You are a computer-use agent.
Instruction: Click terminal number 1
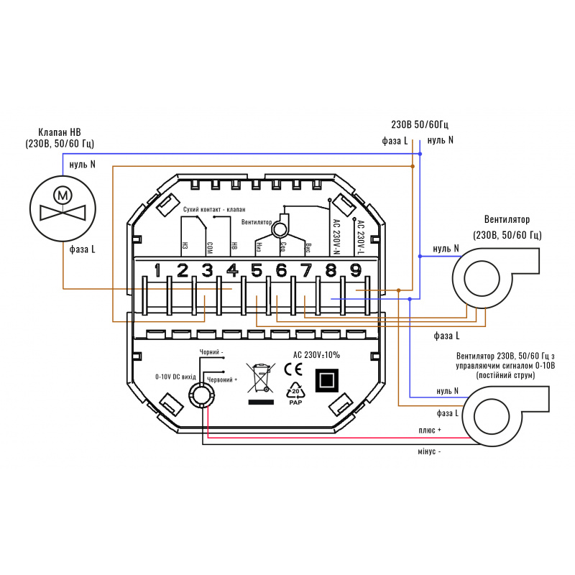[x=157, y=271]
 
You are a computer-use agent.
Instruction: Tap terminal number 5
[x=257, y=271]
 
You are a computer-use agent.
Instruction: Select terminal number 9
[x=355, y=271]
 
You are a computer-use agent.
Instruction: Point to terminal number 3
[x=207, y=271]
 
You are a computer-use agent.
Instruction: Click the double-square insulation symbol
[x=327, y=380]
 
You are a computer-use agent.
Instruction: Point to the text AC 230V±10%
[x=317, y=354]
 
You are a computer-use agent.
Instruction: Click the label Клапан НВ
[x=60, y=132]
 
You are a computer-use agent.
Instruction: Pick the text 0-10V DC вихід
[x=175, y=376]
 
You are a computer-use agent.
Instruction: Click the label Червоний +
[x=222, y=379]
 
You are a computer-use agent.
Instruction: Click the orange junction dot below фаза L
[x=412, y=166]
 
